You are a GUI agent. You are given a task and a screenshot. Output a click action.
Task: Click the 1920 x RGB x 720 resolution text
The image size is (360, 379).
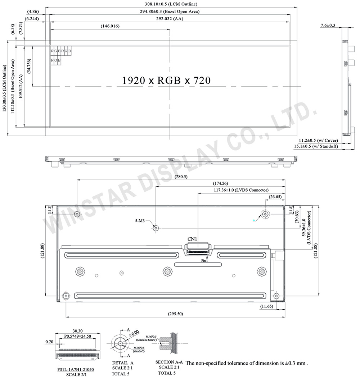coord(166,80)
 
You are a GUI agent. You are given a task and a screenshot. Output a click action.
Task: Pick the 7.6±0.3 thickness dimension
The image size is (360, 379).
coord(328,25)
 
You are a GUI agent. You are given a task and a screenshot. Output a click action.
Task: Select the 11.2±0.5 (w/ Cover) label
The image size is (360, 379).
coord(318,140)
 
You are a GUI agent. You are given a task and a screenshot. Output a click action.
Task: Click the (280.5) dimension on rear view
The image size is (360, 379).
coord(181,177)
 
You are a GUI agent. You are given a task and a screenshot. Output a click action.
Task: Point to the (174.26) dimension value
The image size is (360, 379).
coord(220,183)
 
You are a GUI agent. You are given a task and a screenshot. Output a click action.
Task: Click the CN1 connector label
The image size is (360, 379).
coord(192,239)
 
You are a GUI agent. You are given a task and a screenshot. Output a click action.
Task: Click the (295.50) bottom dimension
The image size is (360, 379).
coord(175,314)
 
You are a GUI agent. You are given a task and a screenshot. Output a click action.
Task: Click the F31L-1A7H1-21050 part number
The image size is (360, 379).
coord(73,369)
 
